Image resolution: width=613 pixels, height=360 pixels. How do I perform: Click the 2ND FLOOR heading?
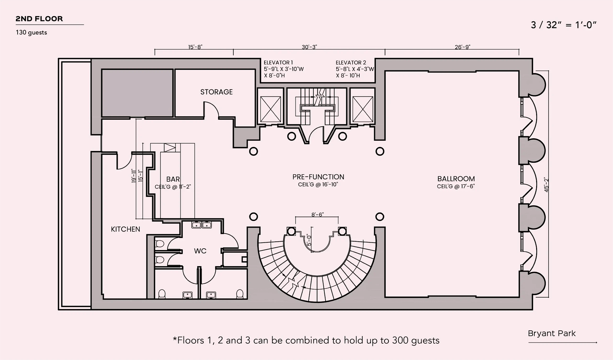(x=39, y=19)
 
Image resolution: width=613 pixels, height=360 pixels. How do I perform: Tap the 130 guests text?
(x=31, y=32)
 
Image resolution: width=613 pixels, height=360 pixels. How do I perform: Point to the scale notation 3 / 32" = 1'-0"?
(x=564, y=25)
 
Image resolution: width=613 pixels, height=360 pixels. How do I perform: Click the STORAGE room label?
(x=217, y=92)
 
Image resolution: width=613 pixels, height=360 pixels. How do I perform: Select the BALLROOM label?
(x=456, y=179)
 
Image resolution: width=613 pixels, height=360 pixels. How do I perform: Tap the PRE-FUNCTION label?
(x=318, y=177)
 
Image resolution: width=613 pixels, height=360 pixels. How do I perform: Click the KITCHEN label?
(x=126, y=229)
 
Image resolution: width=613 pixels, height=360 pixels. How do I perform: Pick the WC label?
(x=200, y=251)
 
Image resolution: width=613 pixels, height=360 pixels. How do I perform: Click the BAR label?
(x=173, y=179)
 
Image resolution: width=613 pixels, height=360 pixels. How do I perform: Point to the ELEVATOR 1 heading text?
(x=278, y=63)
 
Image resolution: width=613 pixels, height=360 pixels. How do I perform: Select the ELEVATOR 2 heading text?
(x=351, y=63)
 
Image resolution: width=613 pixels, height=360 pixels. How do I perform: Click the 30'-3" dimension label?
(x=309, y=47)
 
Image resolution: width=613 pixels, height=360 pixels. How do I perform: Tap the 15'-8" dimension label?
(x=195, y=47)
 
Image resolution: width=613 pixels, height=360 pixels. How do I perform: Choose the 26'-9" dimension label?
(x=462, y=47)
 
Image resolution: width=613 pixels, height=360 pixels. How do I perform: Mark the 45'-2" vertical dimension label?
(x=546, y=184)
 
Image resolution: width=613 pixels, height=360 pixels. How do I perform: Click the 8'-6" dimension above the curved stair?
(x=317, y=214)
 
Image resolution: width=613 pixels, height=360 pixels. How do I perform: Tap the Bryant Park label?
(x=552, y=333)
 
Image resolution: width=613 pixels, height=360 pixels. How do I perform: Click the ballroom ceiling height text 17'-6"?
(x=468, y=187)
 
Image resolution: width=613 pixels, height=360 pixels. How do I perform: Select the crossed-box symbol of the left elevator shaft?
(x=271, y=109)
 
